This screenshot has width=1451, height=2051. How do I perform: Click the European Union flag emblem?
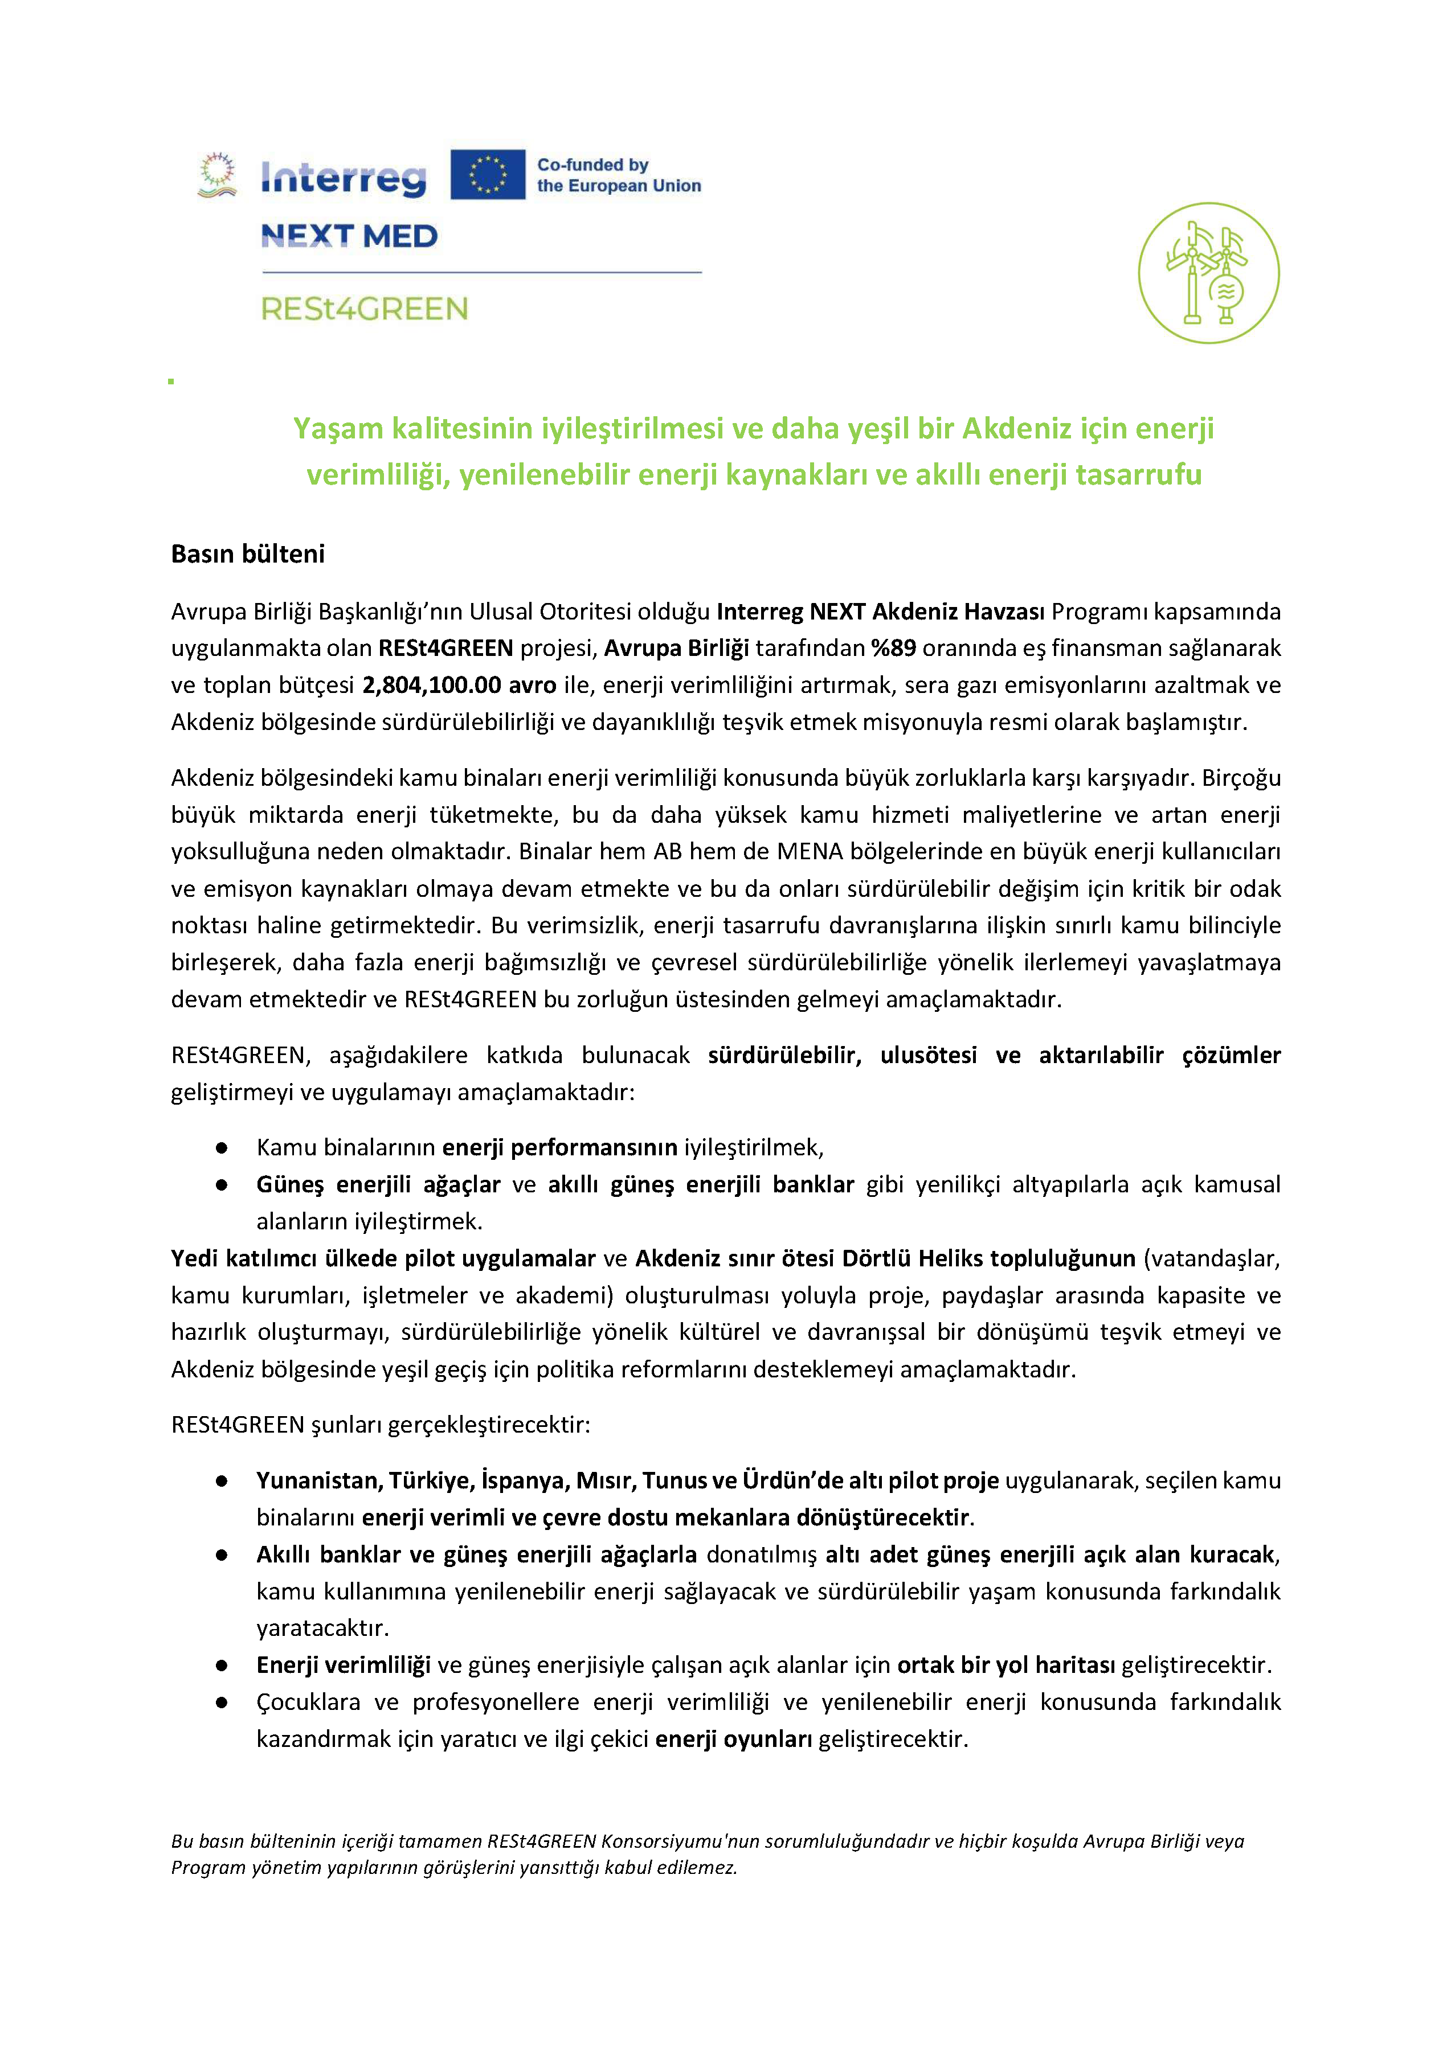click(x=487, y=174)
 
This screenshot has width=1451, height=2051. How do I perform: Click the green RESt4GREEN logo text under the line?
click(x=365, y=309)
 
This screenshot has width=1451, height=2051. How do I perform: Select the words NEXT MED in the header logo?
click(x=349, y=236)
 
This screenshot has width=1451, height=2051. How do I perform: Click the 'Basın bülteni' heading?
click(x=247, y=554)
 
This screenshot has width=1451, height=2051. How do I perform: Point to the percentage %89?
click(x=893, y=647)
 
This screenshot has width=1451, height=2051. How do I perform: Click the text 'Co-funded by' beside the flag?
click(x=592, y=165)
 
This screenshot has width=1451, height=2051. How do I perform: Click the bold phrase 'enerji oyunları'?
click(x=734, y=1738)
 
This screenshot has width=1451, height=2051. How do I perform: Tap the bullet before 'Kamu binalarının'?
click(x=222, y=1148)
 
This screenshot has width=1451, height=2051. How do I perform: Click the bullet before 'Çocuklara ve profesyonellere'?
click(x=222, y=1703)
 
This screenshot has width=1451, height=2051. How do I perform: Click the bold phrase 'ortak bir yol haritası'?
click(x=1006, y=1665)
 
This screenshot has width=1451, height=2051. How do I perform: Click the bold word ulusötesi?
click(x=929, y=1056)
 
